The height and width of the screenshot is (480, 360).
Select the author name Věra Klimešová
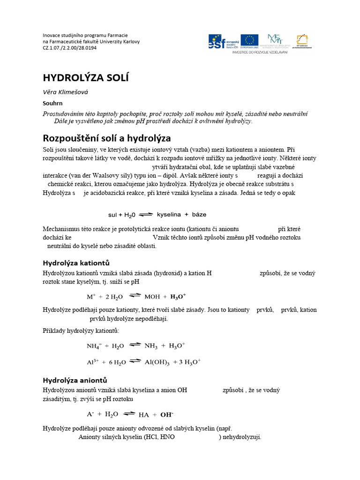click(65, 92)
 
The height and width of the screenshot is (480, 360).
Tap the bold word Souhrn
click(52, 103)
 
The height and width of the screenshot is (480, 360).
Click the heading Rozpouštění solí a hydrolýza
click(107, 138)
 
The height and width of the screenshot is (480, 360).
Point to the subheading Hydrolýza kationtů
click(76, 262)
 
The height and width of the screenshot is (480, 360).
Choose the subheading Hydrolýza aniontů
click(75, 380)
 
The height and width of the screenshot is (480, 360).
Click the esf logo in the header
click(223, 41)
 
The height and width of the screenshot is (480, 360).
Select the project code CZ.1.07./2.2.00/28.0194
click(70, 48)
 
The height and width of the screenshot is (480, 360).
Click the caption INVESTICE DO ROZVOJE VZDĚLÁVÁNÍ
click(260, 52)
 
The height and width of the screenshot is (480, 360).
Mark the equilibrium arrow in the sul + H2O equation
click(146, 214)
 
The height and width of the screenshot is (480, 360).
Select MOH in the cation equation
click(152, 296)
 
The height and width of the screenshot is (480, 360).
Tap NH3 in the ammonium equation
click(151, 345)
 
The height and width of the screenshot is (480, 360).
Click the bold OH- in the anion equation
click(167, 414)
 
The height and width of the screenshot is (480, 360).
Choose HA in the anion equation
click(143, 414)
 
